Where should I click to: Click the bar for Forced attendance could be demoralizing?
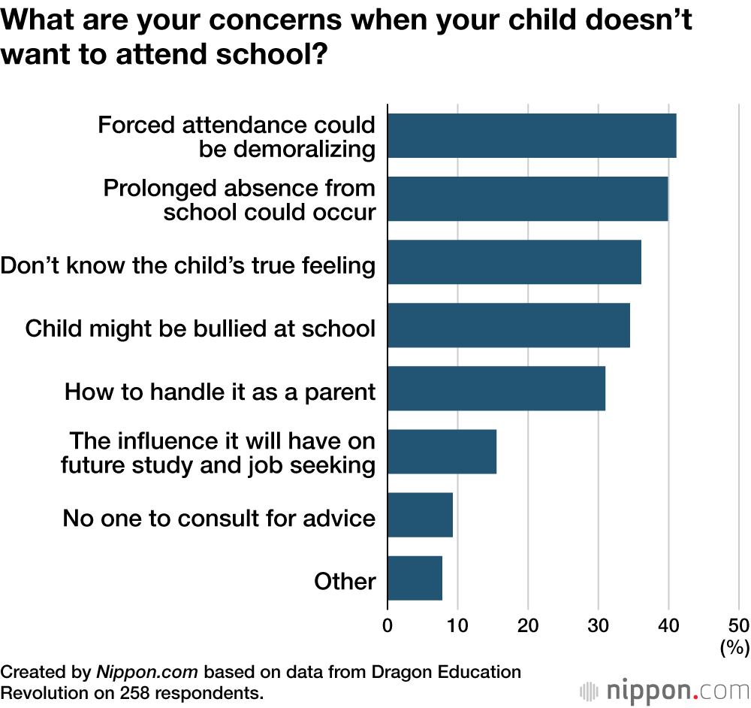(x=532, y=136)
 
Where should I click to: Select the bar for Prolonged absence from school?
(x=527, y=199)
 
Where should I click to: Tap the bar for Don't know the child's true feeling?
(x=514, y=262)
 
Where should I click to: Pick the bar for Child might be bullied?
(x=508, y=325)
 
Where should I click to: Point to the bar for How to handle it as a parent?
(x=496, y=389)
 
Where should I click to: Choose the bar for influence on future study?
(x=442, y=452)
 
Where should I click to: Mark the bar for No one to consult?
(x=420, y=515)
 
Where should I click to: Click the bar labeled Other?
(x=415, y=578)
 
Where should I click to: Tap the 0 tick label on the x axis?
(x=388, y=625)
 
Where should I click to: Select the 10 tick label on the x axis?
(x=457, y=625)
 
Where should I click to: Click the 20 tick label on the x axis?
(x=528, y=625)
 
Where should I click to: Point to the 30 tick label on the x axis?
(x=599, y=625)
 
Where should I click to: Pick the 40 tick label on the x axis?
(x=668, y=625)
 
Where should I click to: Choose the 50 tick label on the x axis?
(x=738, y=625)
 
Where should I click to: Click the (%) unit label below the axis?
(x=734, y=647)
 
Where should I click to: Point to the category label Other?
(x=345, y=581)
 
